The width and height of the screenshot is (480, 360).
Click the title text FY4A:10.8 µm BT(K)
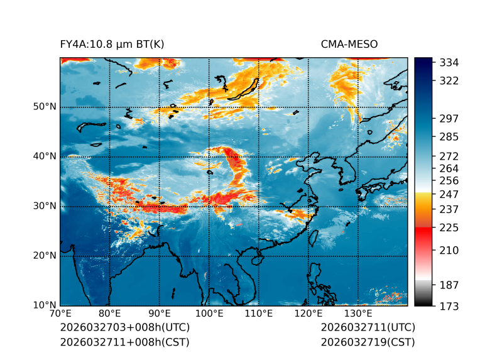click(x=112, y=44)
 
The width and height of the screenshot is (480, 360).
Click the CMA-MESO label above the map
click(x=349, y=44)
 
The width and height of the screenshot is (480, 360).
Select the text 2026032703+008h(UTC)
click(x=124, y=328)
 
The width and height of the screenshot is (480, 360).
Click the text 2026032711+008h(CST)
click(x=124, y=342)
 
